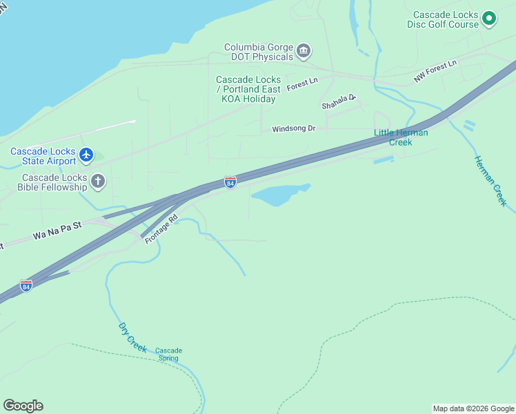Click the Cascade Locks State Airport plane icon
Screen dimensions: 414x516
(x=86, y=155)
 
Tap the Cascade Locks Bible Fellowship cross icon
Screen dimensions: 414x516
(x=99, y=181)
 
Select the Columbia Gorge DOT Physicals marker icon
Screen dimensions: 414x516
(x=303, y=50)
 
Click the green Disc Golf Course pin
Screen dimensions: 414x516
(x=489, y=19)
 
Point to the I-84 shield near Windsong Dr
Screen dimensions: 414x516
(x=230, y=182)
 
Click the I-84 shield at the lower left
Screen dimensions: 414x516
(x=26, y=286)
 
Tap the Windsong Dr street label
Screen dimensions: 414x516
(x=293, y=128)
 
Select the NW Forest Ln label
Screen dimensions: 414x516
(x=435, y=72)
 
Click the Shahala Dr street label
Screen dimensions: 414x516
(x=338, y=102)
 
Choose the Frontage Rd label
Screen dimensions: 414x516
(x=161, y=228)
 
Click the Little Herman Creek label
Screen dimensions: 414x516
(x=401, y=137)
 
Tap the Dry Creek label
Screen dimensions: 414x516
(x=132, y=337)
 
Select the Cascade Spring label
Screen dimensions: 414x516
(x=168, y=354)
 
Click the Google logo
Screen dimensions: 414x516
(x=23, y=406)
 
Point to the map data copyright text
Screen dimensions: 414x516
(x=473, y=408)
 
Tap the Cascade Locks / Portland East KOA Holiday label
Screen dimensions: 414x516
(x=248, y=89)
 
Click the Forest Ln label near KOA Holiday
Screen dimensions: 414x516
(x=302, y=83)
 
